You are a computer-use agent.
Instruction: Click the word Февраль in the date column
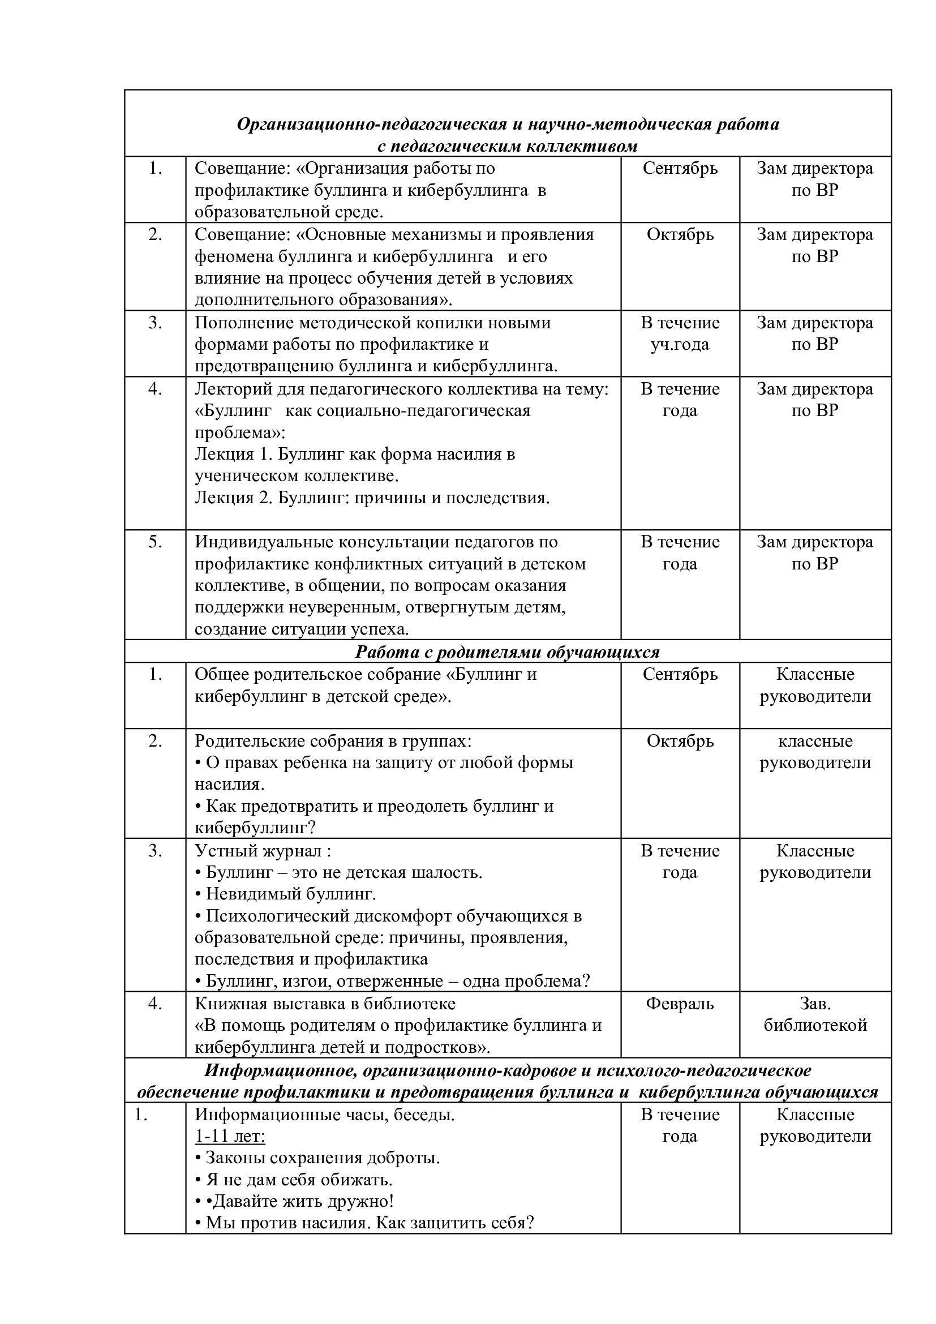click(680, 1004)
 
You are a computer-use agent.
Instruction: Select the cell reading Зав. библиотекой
click(815, 1014)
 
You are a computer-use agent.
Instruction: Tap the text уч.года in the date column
click(680, 344)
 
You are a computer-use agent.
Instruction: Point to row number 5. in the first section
click(155, 542)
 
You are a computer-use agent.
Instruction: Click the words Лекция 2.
click(233, 498)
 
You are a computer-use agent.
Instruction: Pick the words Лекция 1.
click(232, 454)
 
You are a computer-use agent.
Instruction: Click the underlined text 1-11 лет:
click(230, 1137)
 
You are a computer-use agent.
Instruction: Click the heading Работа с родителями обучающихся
click(507, 652)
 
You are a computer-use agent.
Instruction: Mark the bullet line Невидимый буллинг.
click(290, 894)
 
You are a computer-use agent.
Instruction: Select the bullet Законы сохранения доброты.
click(323, 1159)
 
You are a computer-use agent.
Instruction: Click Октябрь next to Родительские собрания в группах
click(680, 741)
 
